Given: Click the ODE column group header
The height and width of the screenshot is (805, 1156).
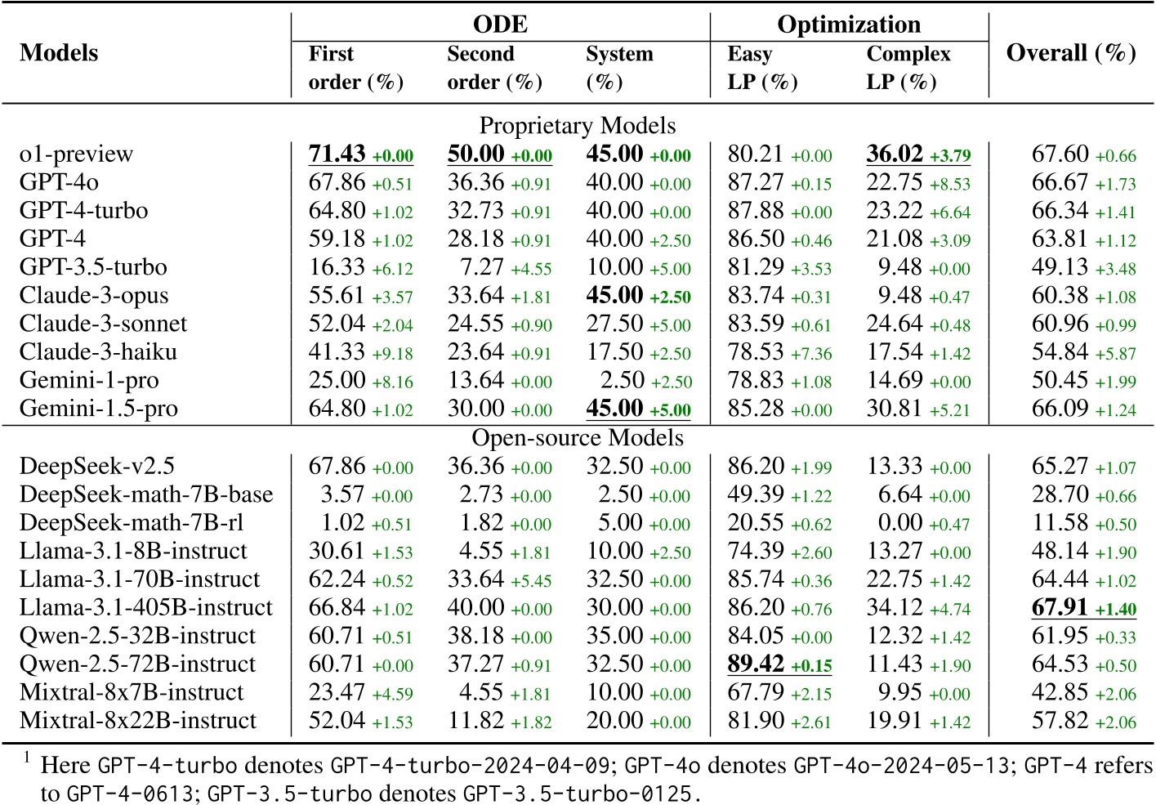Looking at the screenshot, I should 500,24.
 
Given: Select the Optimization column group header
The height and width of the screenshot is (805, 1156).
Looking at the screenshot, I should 848,24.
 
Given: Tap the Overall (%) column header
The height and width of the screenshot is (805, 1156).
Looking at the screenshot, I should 1070,53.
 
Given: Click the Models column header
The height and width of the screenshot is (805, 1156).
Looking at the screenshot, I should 59,53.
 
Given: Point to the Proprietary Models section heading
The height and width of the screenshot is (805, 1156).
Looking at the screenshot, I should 577,125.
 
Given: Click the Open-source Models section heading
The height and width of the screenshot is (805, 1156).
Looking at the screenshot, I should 577,437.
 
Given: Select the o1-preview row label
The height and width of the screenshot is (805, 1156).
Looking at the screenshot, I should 76,154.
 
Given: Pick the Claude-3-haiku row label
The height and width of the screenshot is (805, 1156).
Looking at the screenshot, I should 98,351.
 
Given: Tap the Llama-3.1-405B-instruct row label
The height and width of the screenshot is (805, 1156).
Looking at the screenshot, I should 145,607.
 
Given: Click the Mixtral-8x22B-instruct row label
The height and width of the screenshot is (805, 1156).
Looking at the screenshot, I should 137,720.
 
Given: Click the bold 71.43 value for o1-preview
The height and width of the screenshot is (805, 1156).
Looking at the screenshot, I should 337,154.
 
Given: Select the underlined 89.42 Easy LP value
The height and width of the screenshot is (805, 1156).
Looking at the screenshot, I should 756,664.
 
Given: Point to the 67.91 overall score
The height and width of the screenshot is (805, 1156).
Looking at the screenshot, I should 1060,607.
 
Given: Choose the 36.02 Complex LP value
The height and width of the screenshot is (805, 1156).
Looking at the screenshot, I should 895,154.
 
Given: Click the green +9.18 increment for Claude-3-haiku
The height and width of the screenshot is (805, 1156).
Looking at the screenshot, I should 392,354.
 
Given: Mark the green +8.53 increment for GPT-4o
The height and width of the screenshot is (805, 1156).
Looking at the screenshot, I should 950,184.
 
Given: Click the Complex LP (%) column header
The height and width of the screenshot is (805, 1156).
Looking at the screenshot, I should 908,68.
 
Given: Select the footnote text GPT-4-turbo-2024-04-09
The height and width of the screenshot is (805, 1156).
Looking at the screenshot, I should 470,766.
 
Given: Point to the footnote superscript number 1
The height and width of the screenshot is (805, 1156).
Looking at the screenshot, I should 27,758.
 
